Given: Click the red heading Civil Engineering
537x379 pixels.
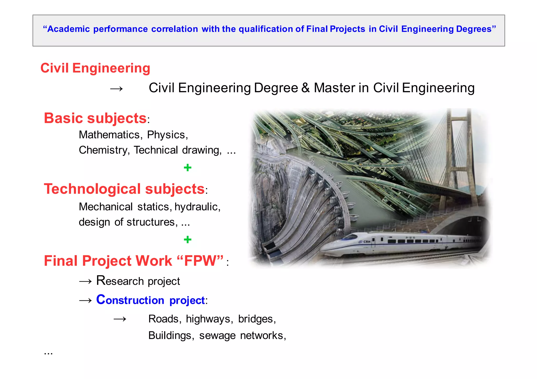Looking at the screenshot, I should [x=95, y=68].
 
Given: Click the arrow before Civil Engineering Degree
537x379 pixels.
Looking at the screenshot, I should [x=116, y=89].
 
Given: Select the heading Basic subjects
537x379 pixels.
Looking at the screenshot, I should [x=95, y=118].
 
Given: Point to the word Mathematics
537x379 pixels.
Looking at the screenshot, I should [x=109, y=135].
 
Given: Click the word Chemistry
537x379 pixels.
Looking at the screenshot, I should [x=103, y=150].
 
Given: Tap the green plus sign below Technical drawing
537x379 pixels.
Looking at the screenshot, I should [x=187, y=167].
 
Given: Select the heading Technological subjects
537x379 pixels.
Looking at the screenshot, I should [x=124, y=189].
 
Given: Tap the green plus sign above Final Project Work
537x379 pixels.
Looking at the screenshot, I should [x=187, y=239].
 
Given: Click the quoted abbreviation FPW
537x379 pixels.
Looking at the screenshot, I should [x=200, y=261].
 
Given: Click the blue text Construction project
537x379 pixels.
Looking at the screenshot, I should [x=150, y=300].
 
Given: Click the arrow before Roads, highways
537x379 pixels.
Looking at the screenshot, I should [x=120, y=319].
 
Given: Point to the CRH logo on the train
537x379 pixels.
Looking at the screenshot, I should [x=366, y=242].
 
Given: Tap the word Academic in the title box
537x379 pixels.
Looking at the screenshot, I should [x=68, y=29].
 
